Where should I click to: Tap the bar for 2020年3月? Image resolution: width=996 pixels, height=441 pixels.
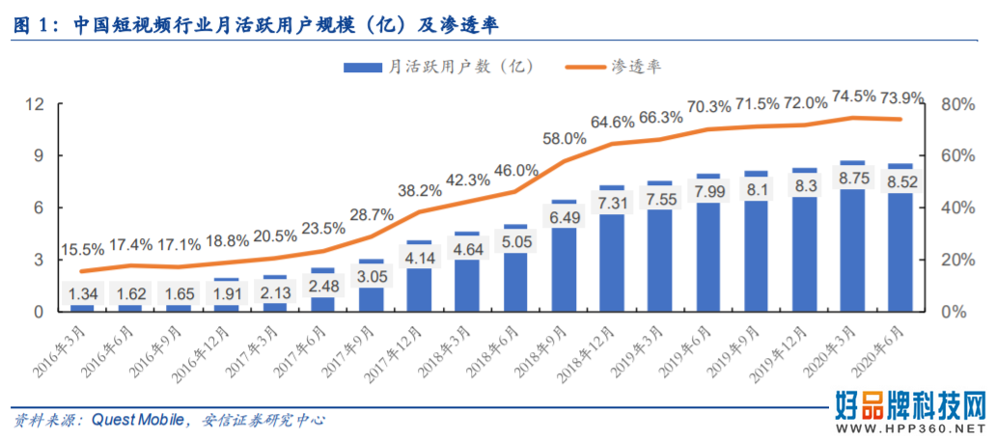[852, 241]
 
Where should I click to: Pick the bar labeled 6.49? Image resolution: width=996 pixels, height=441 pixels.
[564, 261]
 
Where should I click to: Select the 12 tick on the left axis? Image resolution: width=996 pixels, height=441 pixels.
[35, 104]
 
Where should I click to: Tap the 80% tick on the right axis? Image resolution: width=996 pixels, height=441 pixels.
[953, 104]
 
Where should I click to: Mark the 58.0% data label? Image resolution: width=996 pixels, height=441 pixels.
[564, 139]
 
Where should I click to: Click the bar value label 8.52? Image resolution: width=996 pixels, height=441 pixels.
[900, 184]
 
